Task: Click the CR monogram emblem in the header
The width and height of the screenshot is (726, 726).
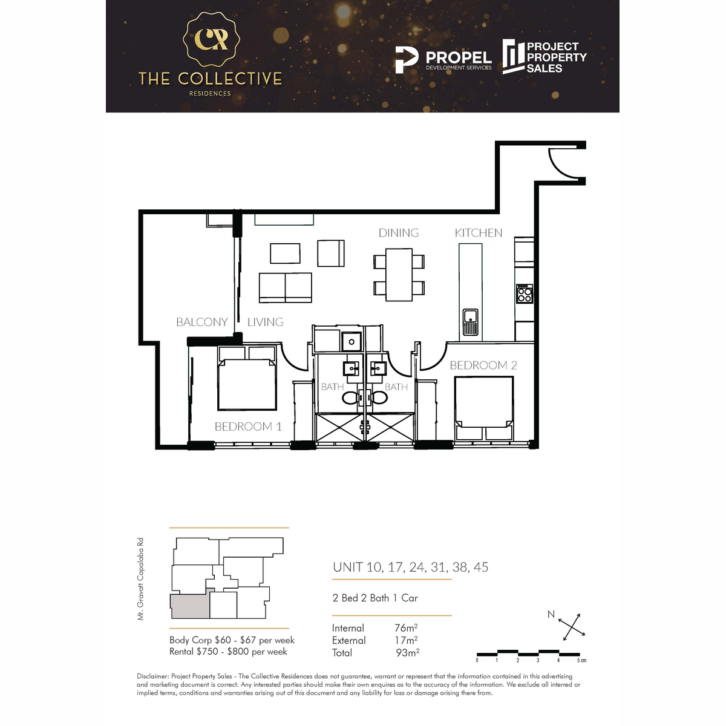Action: (x=211, y=39)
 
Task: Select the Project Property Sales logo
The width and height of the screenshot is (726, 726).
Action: (x=544, y=57)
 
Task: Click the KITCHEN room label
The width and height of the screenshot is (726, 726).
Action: (x=478, y=233)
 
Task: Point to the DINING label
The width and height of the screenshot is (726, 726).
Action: (x=398, y=233)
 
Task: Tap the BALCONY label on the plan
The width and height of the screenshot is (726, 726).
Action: (x=201, y=322)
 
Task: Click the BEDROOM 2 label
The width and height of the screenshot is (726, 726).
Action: (x=483, y=365)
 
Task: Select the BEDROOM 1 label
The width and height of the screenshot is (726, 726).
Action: (x=248, y=427)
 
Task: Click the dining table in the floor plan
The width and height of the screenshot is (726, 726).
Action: (x=399, y=275)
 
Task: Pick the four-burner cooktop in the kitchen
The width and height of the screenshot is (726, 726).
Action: (x=524, y=294)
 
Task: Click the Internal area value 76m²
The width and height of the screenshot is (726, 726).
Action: (x=406, y=628)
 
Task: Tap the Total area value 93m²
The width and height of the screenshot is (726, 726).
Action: (x=407, y=653)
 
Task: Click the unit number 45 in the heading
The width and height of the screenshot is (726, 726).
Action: (x=481, y=567)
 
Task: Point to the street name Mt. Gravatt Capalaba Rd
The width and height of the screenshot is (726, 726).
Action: (x=140, y=579)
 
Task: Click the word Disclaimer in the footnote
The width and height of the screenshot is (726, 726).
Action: (x=152, y=676)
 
